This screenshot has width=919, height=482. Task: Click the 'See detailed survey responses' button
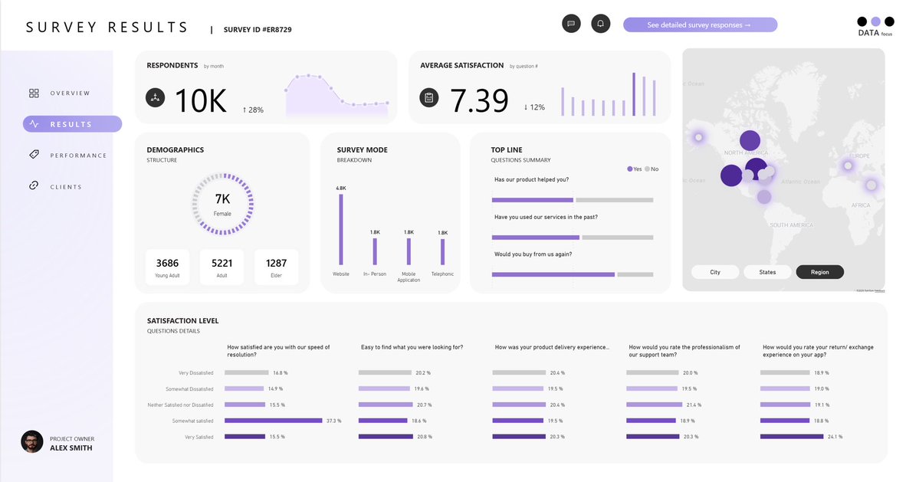pos(700,25)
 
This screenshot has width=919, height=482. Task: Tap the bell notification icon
pos(601,24)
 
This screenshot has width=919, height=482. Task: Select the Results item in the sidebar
pos(72,124)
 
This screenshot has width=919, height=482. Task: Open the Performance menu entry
pos(78,156)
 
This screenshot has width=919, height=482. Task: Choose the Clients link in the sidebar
pos(65,187)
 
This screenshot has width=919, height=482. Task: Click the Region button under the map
pos(819,272)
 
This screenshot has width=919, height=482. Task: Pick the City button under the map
pos(715,272)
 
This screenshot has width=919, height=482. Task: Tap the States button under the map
pos(767,272)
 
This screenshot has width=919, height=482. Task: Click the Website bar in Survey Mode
pos(341,229)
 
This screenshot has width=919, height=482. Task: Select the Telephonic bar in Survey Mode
pos(442,252)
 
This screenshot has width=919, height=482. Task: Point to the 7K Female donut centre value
pos(222,199)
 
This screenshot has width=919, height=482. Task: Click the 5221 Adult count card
pos(222,267)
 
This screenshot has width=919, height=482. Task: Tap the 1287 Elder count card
pos(276,267)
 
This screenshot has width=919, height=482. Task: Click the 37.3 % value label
pos(333,421)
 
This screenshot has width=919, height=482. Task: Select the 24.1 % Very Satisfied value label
pos(834,437)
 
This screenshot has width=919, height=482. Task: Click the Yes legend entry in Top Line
pos(635,169)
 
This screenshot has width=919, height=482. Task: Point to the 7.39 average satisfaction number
pos(479,101)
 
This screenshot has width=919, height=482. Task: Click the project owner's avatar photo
pos(32,441)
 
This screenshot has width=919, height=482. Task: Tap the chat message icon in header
pos(570,24)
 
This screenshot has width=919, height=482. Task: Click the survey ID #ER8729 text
pos(258,30)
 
